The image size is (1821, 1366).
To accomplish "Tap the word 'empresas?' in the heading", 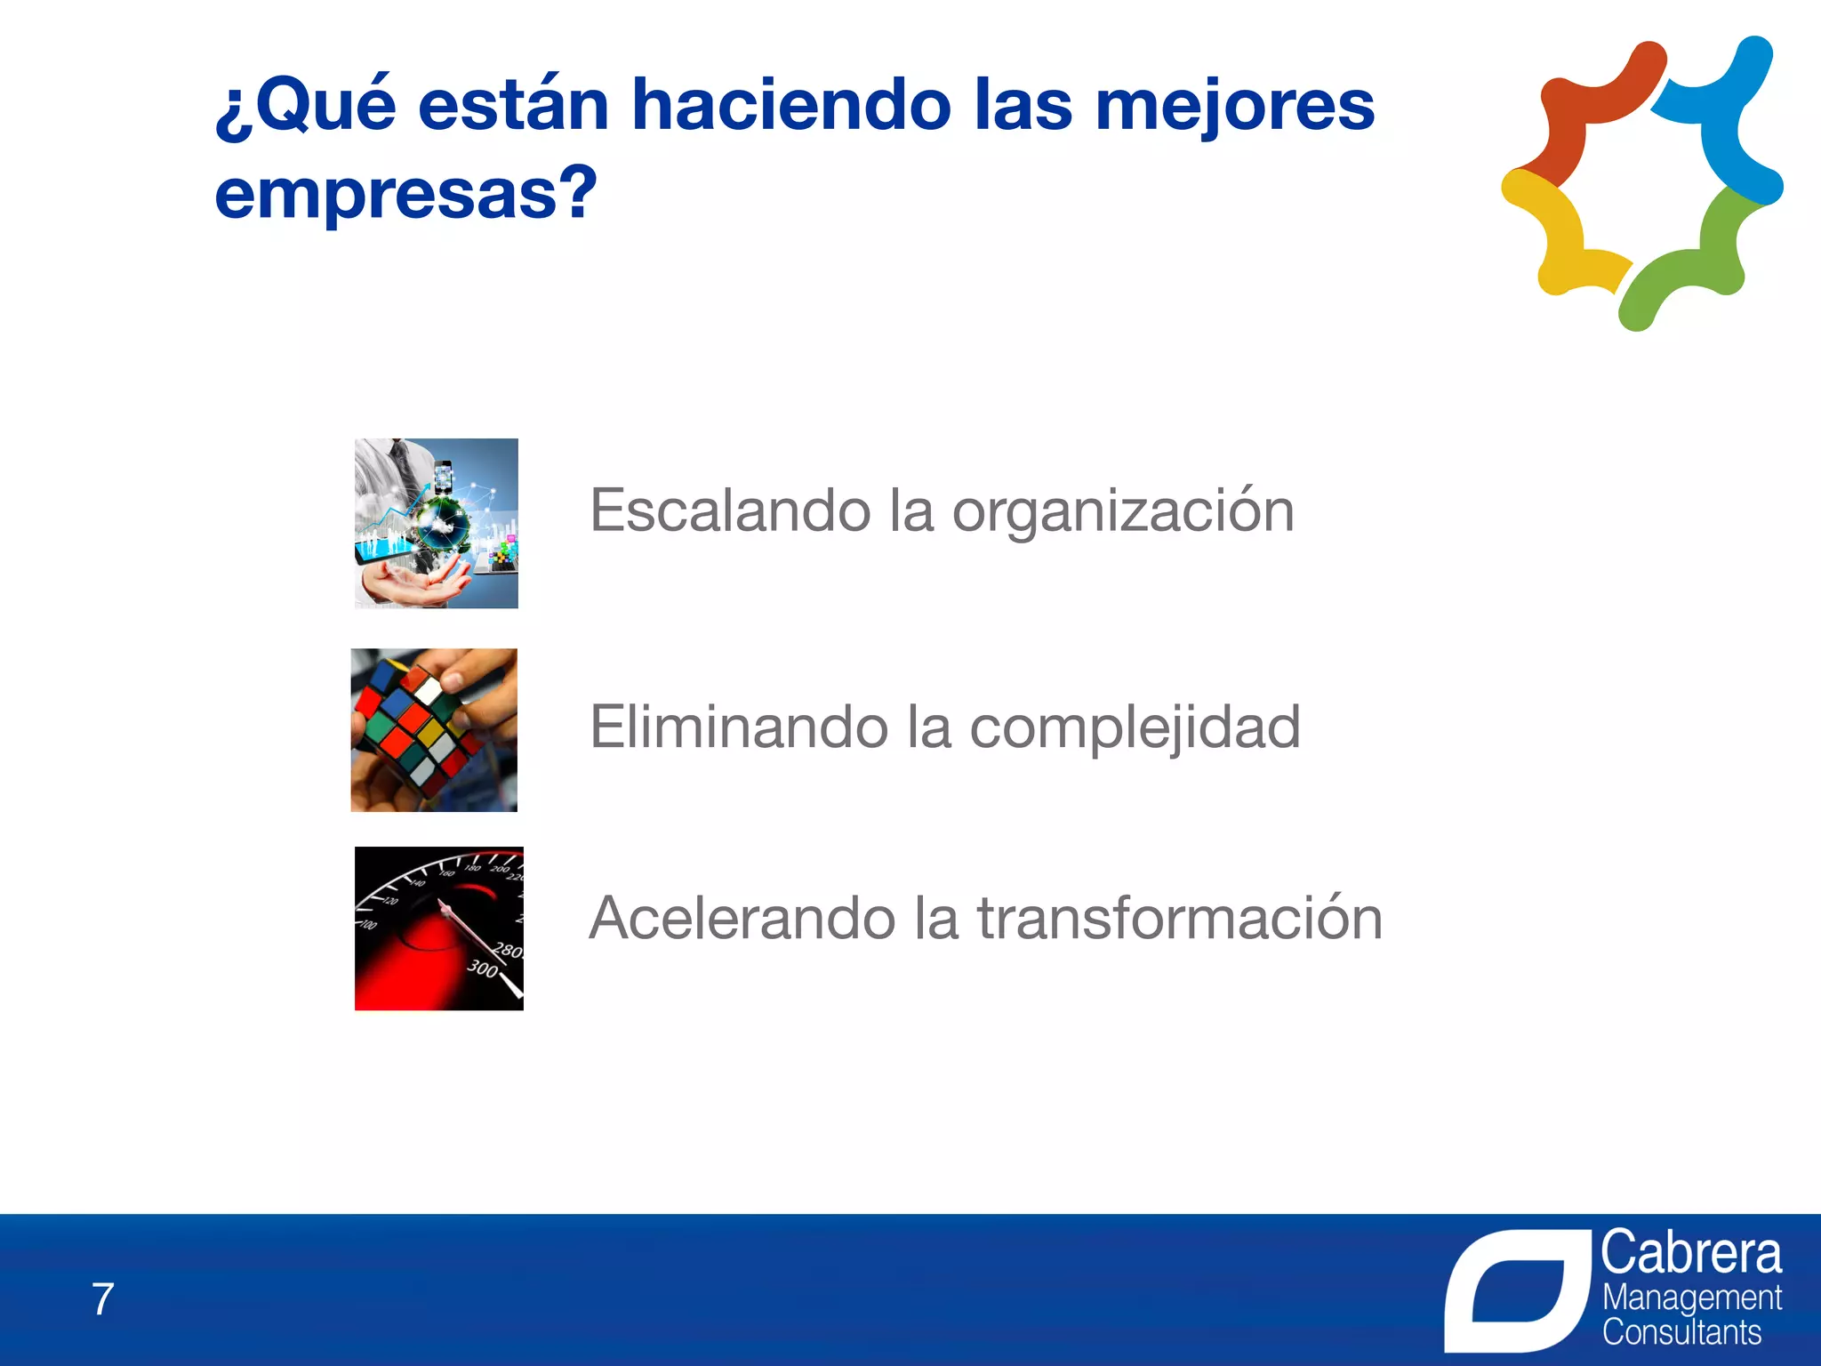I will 405,194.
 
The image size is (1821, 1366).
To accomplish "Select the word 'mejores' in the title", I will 1234,105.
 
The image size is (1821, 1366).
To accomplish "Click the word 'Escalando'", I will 730,511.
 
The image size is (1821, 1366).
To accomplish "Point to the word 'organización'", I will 1122,511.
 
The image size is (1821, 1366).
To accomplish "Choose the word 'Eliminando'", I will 739,727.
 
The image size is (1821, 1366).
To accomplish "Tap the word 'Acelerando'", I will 742,918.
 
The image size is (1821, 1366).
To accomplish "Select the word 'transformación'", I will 1180,918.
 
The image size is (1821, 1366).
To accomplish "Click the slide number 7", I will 103,1299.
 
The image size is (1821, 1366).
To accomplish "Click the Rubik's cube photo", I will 434,730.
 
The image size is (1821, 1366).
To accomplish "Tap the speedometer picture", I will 438,928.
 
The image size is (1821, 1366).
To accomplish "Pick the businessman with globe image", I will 436,523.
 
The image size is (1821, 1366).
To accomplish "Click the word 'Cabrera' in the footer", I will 1690,1253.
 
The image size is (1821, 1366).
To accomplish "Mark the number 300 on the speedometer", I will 483,968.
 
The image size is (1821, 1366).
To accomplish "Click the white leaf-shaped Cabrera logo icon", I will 1517,1290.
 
